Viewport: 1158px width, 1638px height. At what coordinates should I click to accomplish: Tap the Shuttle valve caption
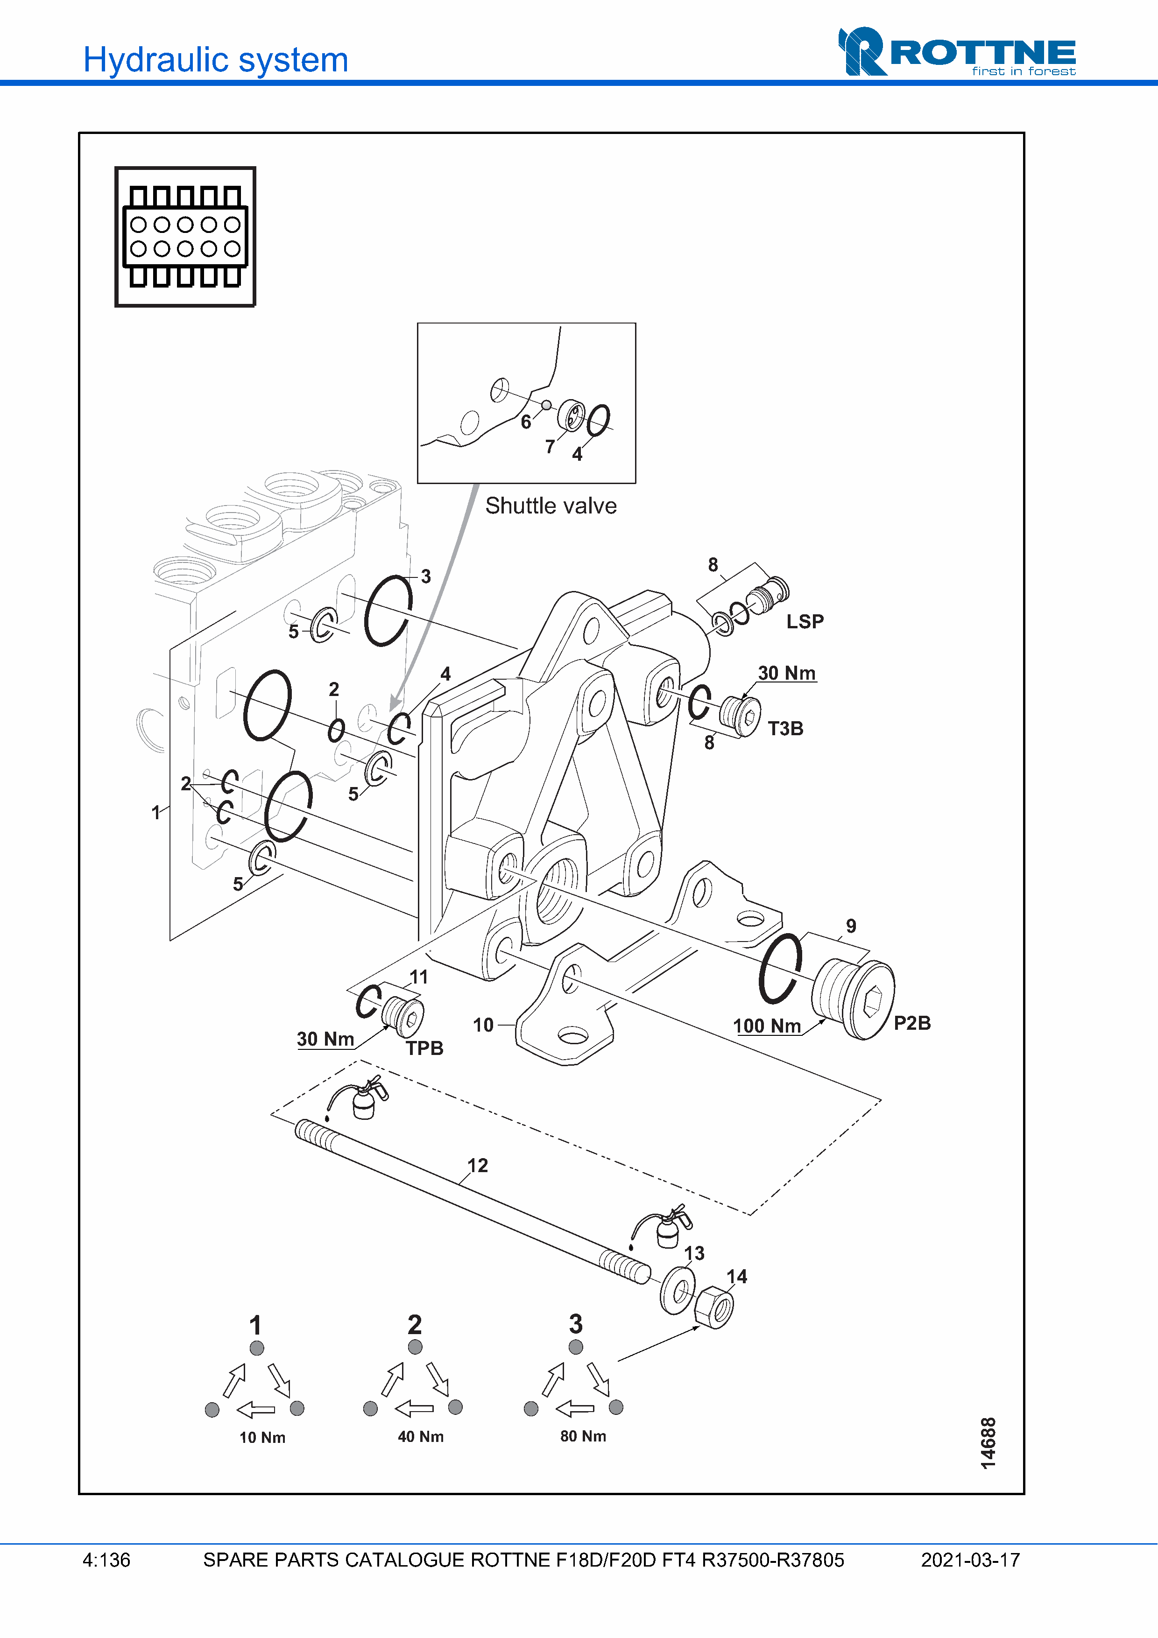[x=551, y=506]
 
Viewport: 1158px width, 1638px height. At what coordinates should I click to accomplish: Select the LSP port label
[x=805, y=622]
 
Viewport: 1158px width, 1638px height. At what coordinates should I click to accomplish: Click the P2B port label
[x=912, y=1023]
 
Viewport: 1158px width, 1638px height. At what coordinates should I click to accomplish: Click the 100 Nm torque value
[x=767, y=1026]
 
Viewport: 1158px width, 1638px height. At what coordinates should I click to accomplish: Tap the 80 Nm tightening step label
[x=583, y=1436]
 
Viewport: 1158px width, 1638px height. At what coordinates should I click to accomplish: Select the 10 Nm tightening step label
[x=262, y=1438]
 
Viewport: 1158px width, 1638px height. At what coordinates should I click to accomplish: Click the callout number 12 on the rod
[x=477, y=1166]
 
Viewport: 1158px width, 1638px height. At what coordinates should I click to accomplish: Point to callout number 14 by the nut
[x=737, y=1277]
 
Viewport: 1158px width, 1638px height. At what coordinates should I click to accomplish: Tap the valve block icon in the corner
[x=185, y=237]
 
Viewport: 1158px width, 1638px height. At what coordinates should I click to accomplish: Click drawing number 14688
[x=988, y=1443]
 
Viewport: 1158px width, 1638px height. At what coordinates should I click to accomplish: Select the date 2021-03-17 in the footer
[x=970, y=1560]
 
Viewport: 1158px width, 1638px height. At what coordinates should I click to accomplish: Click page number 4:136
[x=106, y=1560]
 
